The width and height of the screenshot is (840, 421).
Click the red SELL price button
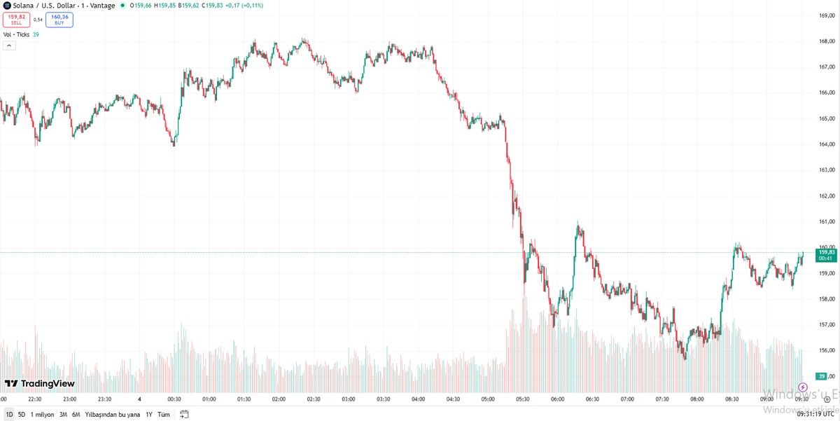point(16,20)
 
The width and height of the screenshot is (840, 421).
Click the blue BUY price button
point(60,20)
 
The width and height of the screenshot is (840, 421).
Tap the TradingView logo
point(40,384)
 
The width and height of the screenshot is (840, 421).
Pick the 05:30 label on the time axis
point(523,399)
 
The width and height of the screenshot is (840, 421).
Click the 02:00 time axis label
point(279,399)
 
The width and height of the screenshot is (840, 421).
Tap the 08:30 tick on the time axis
point(732,399)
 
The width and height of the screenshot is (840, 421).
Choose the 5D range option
point(22,414)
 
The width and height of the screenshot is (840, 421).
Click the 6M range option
point(76,414)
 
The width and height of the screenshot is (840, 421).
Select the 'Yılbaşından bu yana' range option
point(113,414)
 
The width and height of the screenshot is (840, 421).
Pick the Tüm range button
point(164,414)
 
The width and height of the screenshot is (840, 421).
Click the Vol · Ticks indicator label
point(16,34)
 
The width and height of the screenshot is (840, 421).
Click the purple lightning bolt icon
point(802,387)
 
